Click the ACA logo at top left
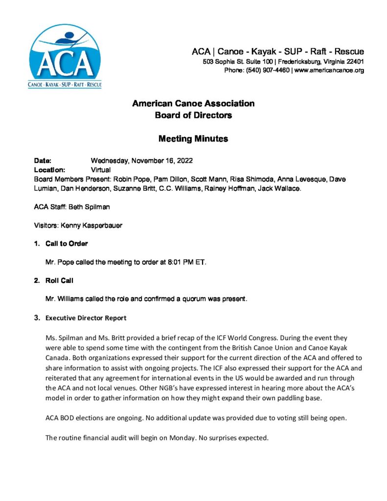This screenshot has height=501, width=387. (x=64, y=58)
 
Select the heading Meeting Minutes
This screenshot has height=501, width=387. (x=193, y=139)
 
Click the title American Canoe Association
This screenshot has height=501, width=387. (x=193, y=104)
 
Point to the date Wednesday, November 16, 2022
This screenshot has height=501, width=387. (x=138, y=161)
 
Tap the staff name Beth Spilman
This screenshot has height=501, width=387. (x=92, y=207)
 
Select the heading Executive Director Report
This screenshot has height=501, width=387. (x=86, y=318)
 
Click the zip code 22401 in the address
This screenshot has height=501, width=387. (x=353, y=62)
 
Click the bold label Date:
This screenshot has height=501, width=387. (x=43, y=161)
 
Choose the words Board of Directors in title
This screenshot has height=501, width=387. (x=193, y=116)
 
